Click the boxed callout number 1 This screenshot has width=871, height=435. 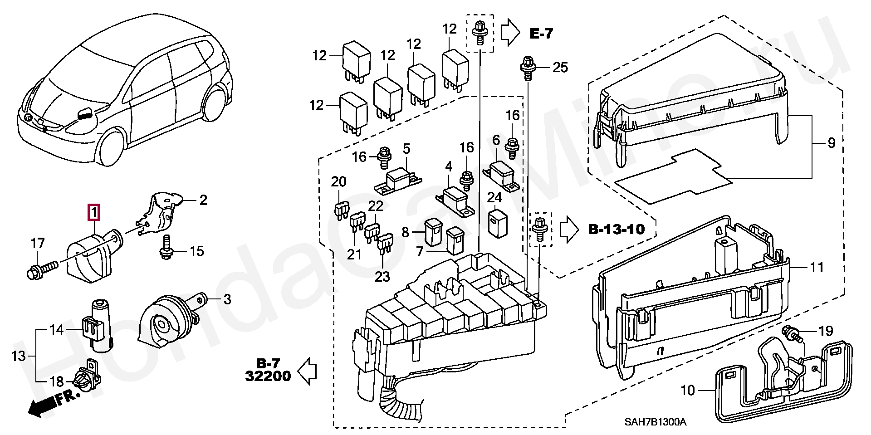(x=94, y=212)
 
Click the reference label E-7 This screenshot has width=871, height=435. (x=541, y=34)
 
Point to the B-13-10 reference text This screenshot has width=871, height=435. (x=617, y=229)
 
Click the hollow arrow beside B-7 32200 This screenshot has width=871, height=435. (x=307, y=371)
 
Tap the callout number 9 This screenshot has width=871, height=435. (x=831, y=143)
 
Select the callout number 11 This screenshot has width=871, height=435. (x=817, y=267)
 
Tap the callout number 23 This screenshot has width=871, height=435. (x=382, y=276)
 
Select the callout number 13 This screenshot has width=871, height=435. (x=19, y=356)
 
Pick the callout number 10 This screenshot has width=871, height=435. (x=688, y=390)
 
